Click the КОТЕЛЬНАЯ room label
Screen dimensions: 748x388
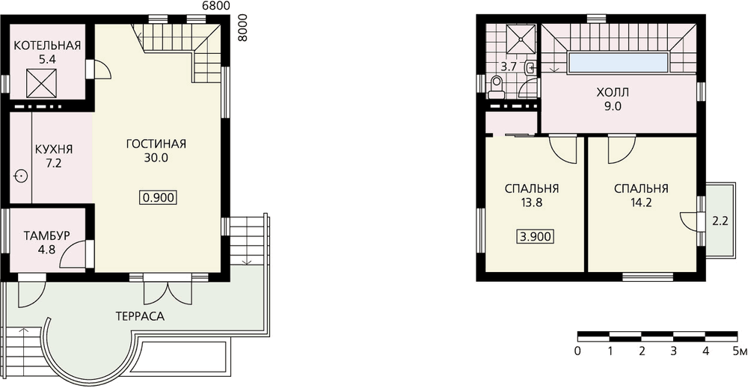click(47, 46)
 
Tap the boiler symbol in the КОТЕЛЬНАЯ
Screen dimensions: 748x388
click(41, 83)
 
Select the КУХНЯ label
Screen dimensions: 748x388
click(54, 150)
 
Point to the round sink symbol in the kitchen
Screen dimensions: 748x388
click(21, 176)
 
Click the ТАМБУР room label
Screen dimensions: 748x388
click(46, 236)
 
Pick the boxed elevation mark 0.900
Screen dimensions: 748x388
click(159, 197)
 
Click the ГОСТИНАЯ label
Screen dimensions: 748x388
click(156, 144)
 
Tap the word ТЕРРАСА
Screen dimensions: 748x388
click(140, 316)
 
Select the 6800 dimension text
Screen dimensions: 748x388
click(216, 6)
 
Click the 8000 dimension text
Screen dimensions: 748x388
click(243, 28)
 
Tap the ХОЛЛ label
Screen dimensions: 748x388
click(613, 93)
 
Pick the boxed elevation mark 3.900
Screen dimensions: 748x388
click(536, 236)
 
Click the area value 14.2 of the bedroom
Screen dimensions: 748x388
click(640, 203)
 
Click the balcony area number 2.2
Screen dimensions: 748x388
click(720, 221)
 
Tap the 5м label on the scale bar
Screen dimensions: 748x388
click(740, 352)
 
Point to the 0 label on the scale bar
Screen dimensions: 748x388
click(578, 352)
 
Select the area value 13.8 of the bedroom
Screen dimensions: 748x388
click(531, 203)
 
